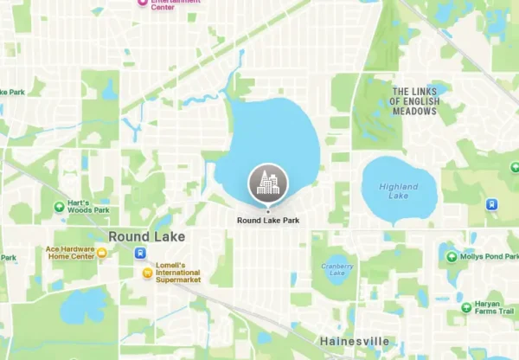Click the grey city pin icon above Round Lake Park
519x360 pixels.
click(268, 183)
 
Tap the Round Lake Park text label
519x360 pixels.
click(268, 221)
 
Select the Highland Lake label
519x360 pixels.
click(397, 191)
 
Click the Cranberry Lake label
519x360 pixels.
click(332, 270)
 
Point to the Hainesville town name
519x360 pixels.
click(353, 342)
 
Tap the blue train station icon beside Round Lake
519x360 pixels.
click(139, 253)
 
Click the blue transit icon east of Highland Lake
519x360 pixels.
click(492, 205)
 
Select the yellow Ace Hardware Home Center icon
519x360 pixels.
click(102, 253)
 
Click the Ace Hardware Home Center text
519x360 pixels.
click(69, 253)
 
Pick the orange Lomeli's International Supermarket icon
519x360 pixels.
click(148, 274)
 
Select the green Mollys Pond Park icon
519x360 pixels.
click(451, 256)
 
